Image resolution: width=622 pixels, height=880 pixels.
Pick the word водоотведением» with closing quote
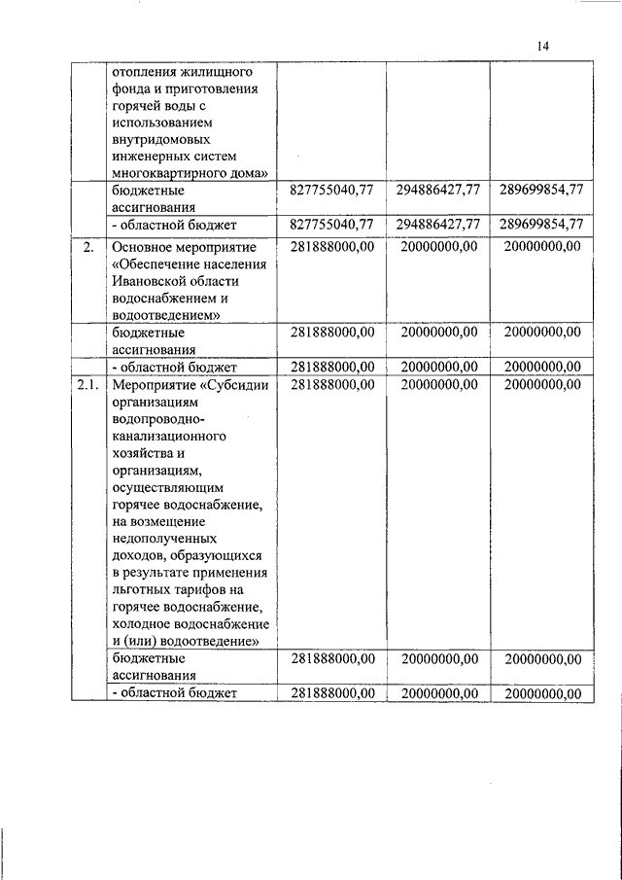pyautogui.click(x=165, y=315)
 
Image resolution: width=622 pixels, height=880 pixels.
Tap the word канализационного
pyautogui.click(x=168, y=437)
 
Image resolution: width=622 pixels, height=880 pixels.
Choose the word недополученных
pyautogui.click(x=164, y=538)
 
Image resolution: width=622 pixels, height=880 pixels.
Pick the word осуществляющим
pyautogui.click(x=169, y=487)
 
